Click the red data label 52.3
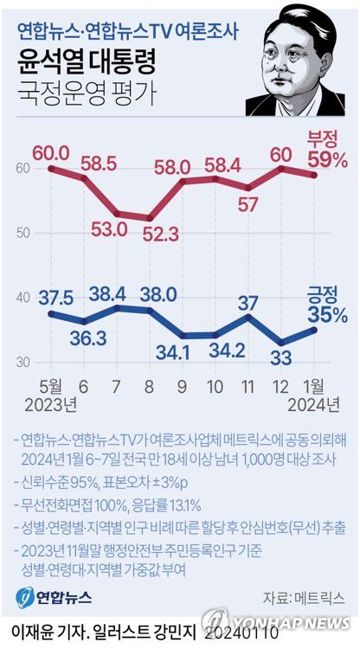pos(151,235)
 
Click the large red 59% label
pos(327,159)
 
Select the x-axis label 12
pos(282,383)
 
